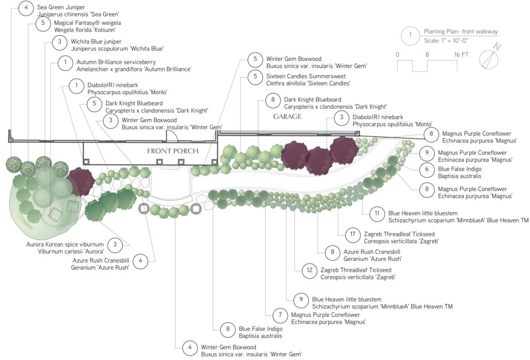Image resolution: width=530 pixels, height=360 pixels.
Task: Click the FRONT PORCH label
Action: tap(173, 151)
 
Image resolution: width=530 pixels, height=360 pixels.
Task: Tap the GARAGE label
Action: tap(287, 117)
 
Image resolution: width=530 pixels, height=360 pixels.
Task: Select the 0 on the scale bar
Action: tap(397, 54)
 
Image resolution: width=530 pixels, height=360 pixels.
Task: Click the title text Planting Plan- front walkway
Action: tap(461, 32)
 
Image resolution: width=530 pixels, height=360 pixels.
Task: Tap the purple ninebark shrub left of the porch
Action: tap(80, 181)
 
